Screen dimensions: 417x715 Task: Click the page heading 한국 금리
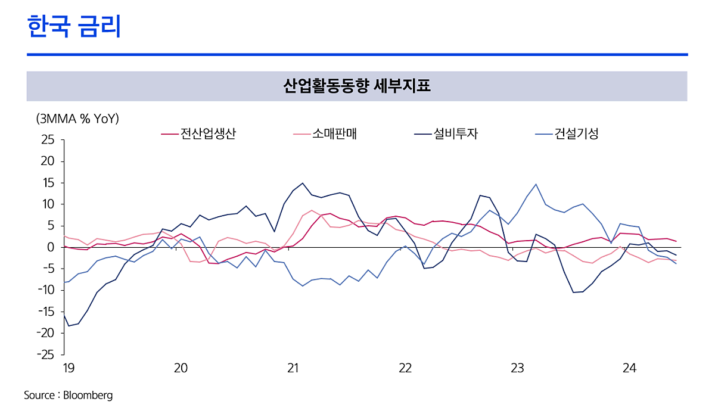[74, 27]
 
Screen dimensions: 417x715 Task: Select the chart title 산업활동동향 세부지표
[357, 86]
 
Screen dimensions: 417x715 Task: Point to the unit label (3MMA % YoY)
[77, 119]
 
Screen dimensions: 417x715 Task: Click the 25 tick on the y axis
[47, 140]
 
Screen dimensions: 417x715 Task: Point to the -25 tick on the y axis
[43, 354]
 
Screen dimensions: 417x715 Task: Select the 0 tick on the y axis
[51, 247]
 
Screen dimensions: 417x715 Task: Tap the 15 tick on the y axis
[48, 183]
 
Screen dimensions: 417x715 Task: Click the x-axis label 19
[69, 368]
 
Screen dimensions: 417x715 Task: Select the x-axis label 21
[293, 368]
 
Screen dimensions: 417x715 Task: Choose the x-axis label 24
[629, 368]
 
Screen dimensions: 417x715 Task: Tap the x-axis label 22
[405, 368]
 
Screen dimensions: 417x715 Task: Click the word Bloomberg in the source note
[89, 395]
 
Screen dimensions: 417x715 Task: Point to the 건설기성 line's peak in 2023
[536, 184]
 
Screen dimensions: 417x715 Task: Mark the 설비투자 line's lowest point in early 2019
[69, 326]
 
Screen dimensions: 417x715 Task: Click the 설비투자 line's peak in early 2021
[303, 183]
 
